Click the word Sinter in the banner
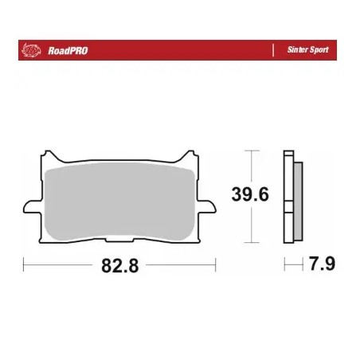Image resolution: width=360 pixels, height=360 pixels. (296, 49)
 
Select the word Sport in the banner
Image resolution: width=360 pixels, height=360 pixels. (318, 49)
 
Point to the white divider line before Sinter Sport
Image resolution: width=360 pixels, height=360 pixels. (274, 49)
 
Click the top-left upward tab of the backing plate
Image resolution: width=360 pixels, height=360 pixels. (50, 155)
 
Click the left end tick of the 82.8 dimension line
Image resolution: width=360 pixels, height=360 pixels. (24, 266)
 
